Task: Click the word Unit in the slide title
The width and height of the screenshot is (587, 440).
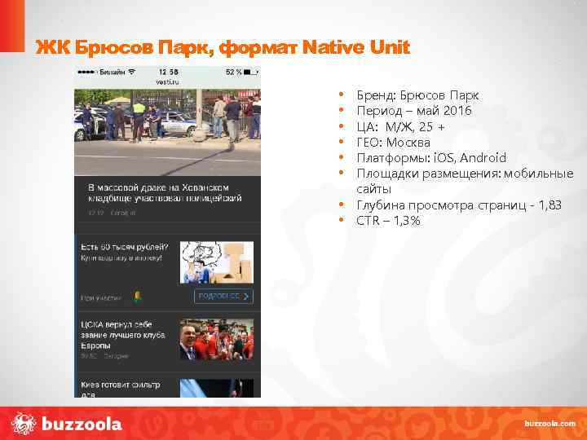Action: click(x=390, y=48)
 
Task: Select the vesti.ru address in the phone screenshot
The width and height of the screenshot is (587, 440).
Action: click(x=167, y=81)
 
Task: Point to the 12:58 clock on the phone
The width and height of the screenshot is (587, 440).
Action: click(x=168, y=72)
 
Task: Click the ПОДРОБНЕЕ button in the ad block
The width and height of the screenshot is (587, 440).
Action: click(x=223, y=296)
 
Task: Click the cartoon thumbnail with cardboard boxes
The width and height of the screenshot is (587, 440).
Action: click(x=216, y=260)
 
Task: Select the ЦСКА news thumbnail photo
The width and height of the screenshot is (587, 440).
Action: click(x=216, y=339)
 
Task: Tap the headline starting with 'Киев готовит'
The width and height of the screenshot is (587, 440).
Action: click(x=121, y=385)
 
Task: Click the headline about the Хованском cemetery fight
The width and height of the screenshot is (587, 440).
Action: click(x=165, y=191)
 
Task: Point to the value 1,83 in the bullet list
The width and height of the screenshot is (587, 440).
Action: click(x=545, y=205)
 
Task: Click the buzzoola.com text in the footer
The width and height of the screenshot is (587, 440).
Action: click(x=549, y=424)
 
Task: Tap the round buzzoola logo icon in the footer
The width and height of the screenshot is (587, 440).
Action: click(x=24, y=424)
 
